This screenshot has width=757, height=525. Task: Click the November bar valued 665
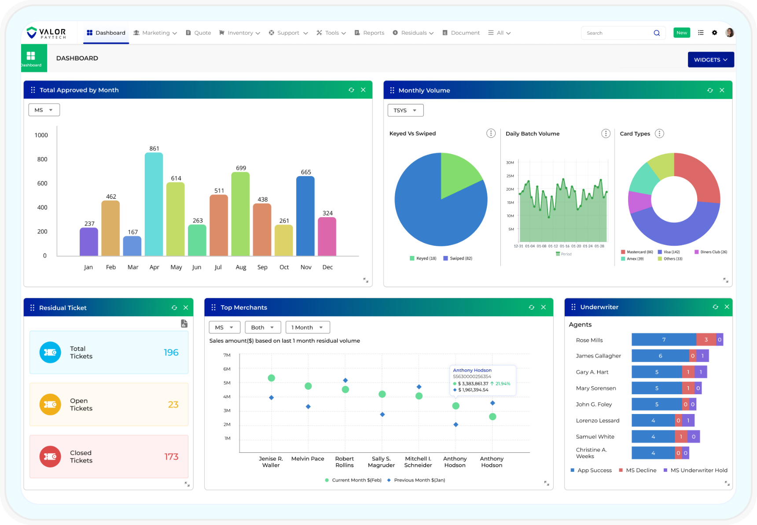(305, 216)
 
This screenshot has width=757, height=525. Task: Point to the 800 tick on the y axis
(42, 159)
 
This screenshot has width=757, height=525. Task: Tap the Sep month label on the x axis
(262, 267)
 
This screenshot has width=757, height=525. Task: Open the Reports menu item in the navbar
(369, 33)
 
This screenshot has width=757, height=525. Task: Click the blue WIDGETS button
(710, 60)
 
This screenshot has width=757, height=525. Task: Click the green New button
(681, 33)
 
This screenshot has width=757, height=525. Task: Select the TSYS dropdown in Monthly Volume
(405, 111)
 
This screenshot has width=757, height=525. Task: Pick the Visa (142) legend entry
(669, 252)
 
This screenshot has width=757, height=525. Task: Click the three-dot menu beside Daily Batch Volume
(606, 133)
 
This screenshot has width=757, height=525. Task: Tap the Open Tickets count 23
(173, 405)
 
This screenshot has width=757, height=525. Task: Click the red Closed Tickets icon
(50, 457)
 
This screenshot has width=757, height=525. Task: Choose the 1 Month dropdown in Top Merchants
(307, 328)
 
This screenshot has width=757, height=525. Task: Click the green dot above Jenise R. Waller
(272, 378)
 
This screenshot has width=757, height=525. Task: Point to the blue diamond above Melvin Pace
(308, 407)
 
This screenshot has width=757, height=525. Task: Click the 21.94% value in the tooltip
(502, 384)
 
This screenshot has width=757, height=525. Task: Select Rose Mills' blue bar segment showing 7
(663, 340)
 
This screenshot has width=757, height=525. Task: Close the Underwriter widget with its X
(727, 307)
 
